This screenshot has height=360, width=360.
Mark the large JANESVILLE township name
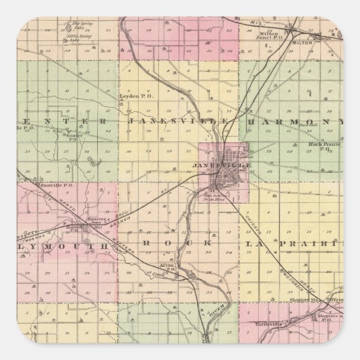pos(177,121)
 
